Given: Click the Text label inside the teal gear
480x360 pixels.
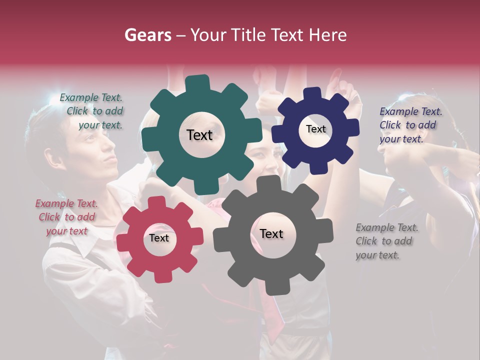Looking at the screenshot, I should [199, 135].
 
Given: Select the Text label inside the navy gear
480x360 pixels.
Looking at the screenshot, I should [315, 129].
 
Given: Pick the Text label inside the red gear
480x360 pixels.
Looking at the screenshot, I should [159, 238].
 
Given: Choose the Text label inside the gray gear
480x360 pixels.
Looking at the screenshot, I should [271, 234].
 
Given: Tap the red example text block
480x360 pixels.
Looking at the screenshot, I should [66, 217].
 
